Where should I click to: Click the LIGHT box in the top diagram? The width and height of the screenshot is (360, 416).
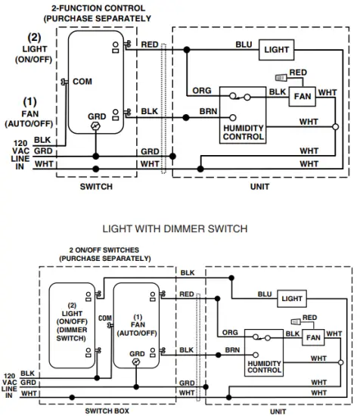click(x=276, y=50)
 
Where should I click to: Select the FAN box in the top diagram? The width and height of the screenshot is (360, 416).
click(x=303, y=97)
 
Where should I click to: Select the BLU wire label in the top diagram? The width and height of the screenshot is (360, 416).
click(x=244, y=45)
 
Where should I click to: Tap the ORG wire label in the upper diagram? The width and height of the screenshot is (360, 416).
click(x=202, y=91)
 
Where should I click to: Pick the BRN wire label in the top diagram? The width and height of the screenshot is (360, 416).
click(x=208, y=111)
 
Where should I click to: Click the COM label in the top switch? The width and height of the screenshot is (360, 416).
click(x=82, y=81)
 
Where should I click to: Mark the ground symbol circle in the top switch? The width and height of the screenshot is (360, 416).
click(x=95, y=128)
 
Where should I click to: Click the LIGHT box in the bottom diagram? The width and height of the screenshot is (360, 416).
click(x=292, y=299)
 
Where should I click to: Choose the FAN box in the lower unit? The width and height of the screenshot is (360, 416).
click(x=312, y=337)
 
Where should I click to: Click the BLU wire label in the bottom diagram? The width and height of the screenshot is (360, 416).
click(x=265, y=294)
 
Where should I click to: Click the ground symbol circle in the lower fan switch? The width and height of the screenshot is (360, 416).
click(x=137, y=362)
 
